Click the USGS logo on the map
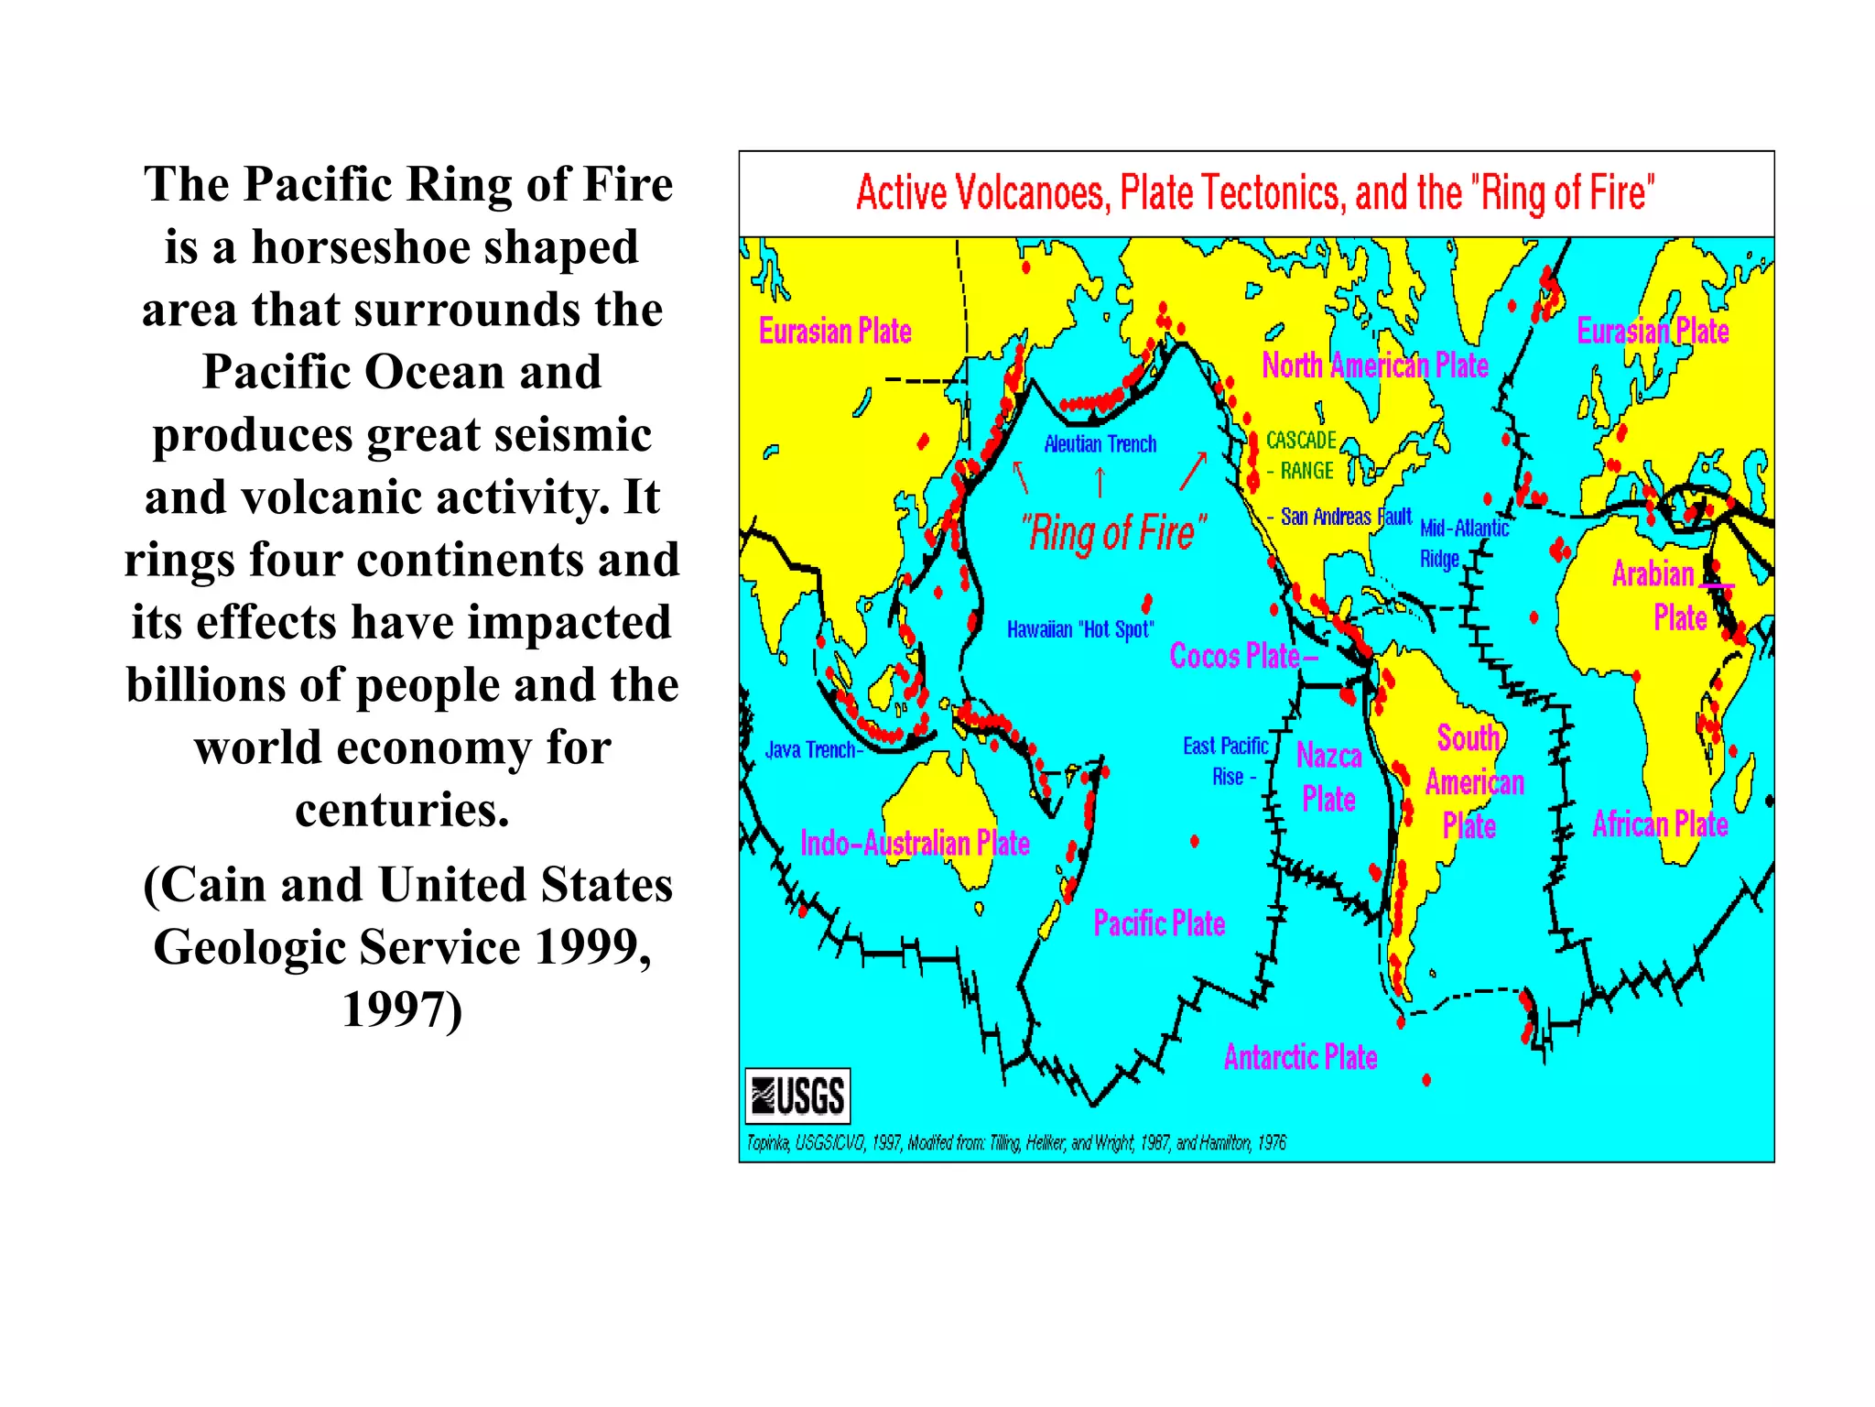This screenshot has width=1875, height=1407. click(797, 1096)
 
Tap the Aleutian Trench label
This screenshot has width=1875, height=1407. click(1100, 444)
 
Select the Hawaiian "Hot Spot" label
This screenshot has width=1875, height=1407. click(1079, 629)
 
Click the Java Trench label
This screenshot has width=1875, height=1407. click(812, 750)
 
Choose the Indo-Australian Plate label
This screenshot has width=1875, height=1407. click(915, 843)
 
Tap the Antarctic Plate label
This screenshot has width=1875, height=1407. click(1300, 1057)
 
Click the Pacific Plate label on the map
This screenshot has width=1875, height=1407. click(1159, 922)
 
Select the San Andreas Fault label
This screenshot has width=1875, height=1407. click(1345, 517)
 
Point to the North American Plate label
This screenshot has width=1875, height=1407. click(1374, 365)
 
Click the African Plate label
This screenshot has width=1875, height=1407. click(1660, 824)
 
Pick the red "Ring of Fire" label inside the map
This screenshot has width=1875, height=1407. click(1113, 532)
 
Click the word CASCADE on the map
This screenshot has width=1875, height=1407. click(1301, 441)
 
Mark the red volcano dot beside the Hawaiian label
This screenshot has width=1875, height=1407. click(1147, 603)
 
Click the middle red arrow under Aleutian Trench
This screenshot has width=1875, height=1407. click(1100, 480)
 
